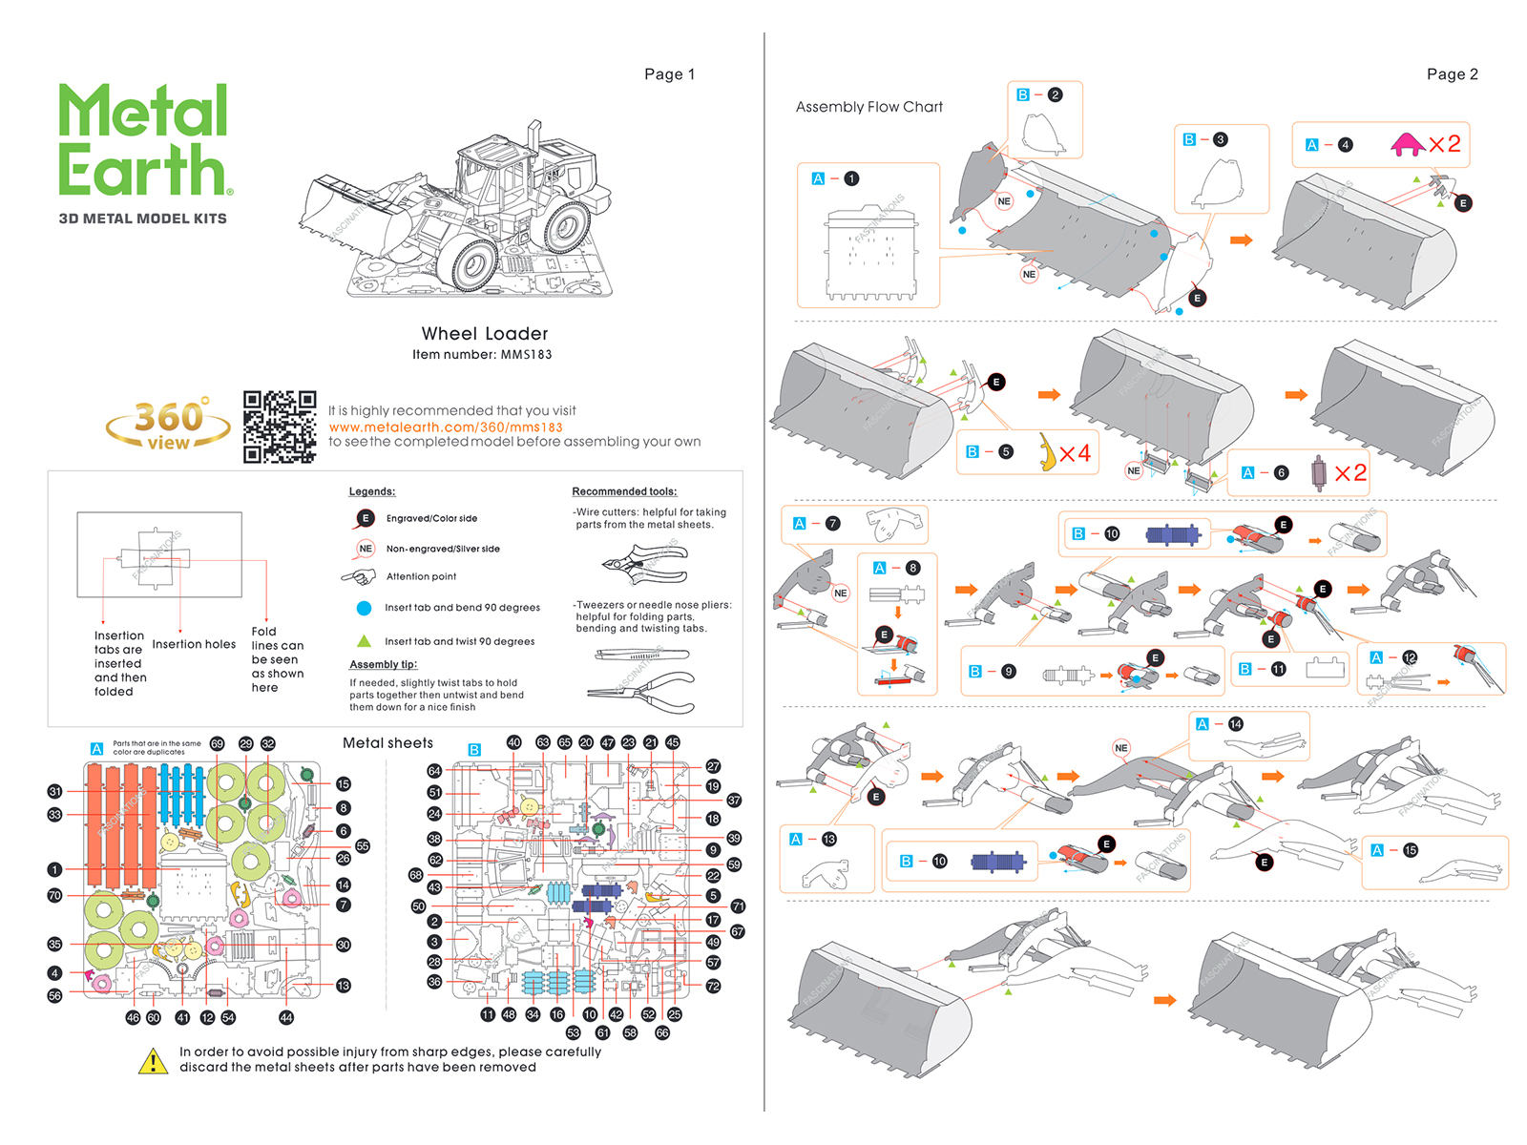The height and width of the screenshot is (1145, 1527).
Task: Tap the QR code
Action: (x=280, y=427)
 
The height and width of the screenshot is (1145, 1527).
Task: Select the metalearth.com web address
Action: (x=446, y=427)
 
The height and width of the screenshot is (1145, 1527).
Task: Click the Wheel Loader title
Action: (x=485, y=334)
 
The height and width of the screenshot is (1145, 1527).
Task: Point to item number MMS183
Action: (x=482, y=355)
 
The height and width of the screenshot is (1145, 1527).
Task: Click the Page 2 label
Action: (x=1452, y=74)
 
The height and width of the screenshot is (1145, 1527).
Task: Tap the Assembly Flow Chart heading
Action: (x=868, y=107)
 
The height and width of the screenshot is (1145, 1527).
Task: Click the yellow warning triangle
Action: (x=153, y=1061)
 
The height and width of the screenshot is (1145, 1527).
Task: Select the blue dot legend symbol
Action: (x=364, y=608)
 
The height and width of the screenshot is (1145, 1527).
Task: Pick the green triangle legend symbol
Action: (x=364, y=641)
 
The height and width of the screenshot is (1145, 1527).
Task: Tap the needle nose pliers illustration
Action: (x=641, y=692)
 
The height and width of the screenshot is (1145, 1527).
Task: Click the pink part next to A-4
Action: (x=1407, y=145)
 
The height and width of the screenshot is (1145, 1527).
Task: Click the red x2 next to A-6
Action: (x=1350, y=472)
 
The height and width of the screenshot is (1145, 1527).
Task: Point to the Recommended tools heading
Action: (x=624, y=491)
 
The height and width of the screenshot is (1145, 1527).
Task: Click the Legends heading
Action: (x=371, y=491)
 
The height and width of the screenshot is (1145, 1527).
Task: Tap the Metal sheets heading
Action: (x=387, y=743)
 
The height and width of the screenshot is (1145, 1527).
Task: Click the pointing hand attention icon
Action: (x=359, y=576)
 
